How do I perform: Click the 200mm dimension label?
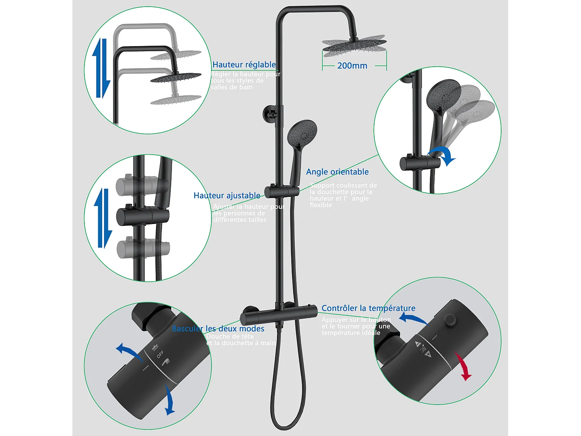[352, 66]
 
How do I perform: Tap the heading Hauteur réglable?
[244, 65]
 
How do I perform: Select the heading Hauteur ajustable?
[227, 195]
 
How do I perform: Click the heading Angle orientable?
[337, 172]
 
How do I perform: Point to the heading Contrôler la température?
[368, 308]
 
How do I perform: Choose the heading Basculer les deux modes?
[218, 329]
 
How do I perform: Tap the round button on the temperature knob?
[450, 319]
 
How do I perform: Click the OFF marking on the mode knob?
[160, 354]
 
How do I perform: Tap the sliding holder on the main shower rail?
[282, 191]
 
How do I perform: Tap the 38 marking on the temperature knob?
[423, 350]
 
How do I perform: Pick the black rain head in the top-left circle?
[176, 77]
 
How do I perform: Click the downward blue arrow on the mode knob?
[169, 401]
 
